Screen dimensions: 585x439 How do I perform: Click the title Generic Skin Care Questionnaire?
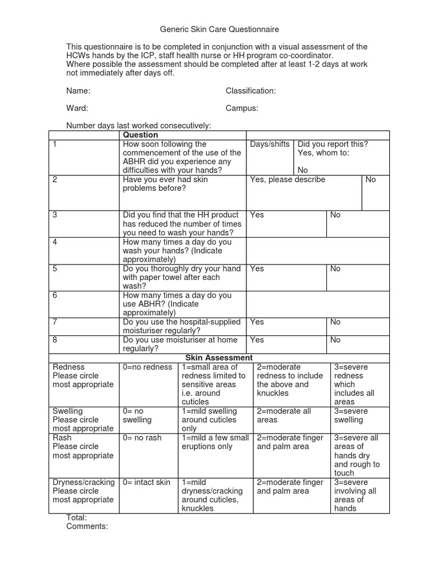pos(219,29)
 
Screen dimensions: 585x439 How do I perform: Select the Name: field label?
pos(78,91)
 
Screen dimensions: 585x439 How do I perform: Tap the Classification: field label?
pos(250,91)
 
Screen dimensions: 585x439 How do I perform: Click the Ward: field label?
pos(77,108)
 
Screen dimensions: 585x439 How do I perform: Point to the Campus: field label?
pos(242,108)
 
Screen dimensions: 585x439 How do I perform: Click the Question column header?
pos(141,135)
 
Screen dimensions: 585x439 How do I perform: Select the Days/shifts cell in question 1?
pos(270,144)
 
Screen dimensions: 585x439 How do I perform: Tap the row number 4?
pos(55,242)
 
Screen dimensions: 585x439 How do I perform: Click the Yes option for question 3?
pos(257,215)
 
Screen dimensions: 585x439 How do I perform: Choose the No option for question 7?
pos(335,322)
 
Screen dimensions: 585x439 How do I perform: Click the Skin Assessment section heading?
pos(219,358)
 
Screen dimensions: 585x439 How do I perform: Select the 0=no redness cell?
pos(147,367)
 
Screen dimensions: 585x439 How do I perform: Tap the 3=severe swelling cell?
pos(351,415)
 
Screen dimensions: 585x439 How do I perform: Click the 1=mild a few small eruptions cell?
pos(215,442)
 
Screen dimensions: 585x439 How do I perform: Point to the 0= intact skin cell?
pos(147,482)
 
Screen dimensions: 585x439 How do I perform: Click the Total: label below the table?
pos(77,517)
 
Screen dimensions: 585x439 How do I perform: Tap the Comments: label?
pos(87,526)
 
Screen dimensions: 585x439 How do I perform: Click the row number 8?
pos(55,340)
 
